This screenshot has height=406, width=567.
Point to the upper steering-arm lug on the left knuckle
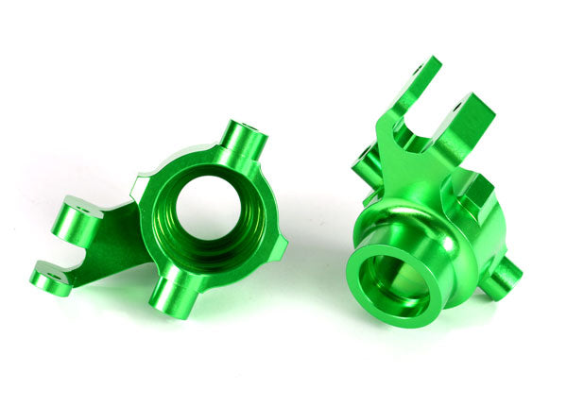[x=77, y=220]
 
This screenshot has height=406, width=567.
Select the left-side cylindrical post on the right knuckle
[x=367, y=170]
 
